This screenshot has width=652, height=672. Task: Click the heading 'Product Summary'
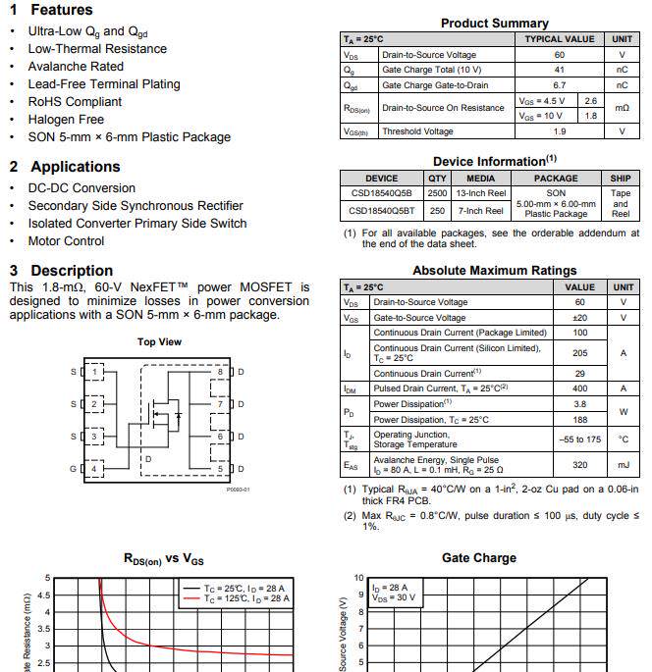(x=494, y=23)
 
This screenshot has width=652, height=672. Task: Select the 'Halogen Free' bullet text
(x=66, y=120)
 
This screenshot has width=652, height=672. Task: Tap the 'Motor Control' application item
(x=66, y=241)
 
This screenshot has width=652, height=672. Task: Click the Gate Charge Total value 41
(x=559, y=71)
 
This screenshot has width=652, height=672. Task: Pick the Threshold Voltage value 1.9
(x=559, y=131)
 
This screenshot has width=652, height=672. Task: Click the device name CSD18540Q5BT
(x=381, y=211)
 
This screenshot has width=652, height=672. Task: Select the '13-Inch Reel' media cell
(x=481, y=193)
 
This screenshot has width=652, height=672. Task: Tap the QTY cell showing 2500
(x=437, y=193)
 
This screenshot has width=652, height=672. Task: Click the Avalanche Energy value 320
(x=579, y=466)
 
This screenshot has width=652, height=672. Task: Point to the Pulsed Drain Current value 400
(x=579, y=388)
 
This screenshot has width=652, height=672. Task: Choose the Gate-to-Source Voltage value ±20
(x=579, y=318)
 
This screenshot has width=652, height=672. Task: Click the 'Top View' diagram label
(x=158, y=341)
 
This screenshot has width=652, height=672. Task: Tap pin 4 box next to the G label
(x=94, y=469)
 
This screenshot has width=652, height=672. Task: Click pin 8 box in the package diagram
(x=221, y=372)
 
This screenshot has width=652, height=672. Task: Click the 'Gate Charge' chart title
(x=478, y=557)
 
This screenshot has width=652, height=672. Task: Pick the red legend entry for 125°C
(x=234, y=597)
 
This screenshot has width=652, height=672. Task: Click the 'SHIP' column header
(x=620, y=179)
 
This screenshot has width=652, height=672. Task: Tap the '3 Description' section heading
(x=61, y=270)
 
